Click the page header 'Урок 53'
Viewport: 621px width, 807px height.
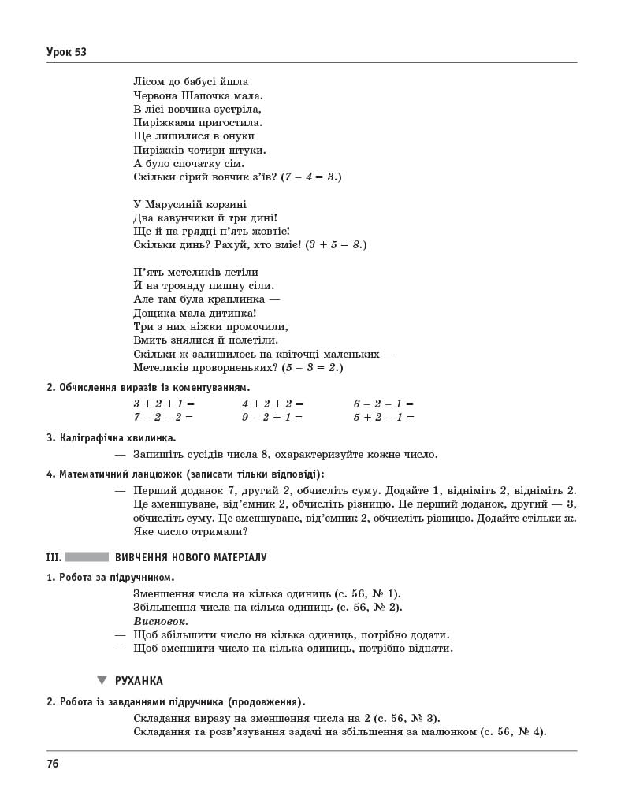click(66, 52)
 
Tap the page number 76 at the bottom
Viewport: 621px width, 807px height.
click(53, 763)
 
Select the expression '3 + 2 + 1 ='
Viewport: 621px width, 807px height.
click(163, 403)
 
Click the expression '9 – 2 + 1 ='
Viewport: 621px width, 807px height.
click(272, 417)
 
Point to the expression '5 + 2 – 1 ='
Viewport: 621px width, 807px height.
click(384, 417)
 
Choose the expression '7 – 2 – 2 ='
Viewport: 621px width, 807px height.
click(163, 417)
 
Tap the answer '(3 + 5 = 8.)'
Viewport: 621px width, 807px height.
click(336, 245)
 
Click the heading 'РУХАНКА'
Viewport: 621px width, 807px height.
click(139, 680)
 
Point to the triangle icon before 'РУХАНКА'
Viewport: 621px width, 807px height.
click(102, 680)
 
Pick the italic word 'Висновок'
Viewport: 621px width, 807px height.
click(161, 621)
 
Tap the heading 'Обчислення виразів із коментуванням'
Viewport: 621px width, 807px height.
click(154, 387)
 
